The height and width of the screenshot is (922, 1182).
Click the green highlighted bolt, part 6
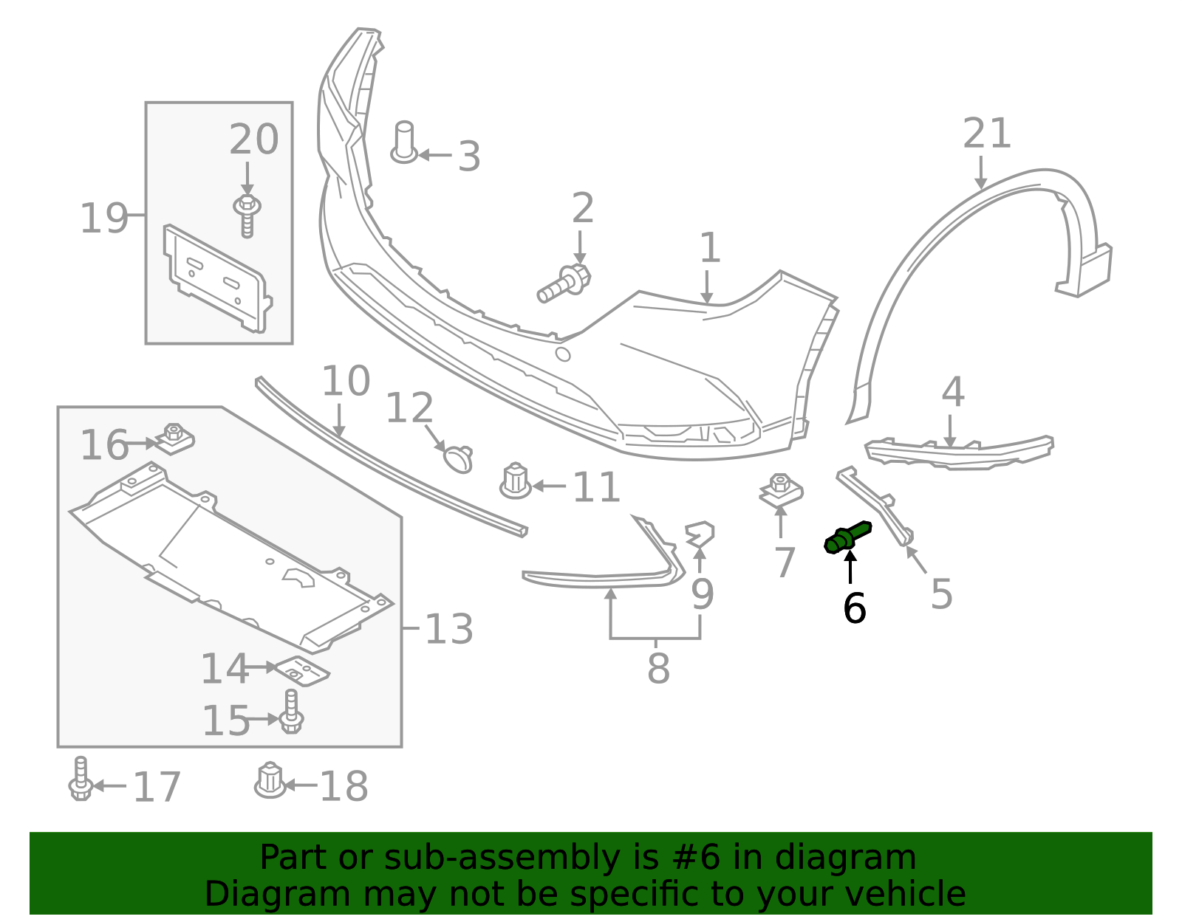click(x=848, y=537)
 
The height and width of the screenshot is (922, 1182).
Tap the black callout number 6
click(x=854, y=609)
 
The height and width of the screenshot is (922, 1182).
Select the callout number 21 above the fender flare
click(x=987, y=134)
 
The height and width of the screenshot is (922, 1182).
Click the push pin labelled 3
click(x=403, y=143)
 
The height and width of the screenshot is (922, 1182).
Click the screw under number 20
click(x=247, y=215)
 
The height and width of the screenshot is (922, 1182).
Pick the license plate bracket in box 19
click(x=217, y=277)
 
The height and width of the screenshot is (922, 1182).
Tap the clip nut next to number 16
click(x=174, y=439)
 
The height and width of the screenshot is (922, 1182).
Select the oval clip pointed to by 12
click(x=458, y=458)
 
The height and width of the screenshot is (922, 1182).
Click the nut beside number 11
click(x=516, y=481)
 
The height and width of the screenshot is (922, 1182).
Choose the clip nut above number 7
click(x=781, y=491)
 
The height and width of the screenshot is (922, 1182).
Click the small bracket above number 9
click(x=700, y=534)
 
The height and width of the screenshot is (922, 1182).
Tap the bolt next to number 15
click(x=291, y=712)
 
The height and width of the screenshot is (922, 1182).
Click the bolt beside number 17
click(x=81, y=780)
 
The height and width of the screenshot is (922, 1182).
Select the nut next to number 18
click(x=270, y=780)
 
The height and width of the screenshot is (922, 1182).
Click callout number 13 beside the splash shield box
click(x=449, y=630)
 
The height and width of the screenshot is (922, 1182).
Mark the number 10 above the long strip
click(x=345, y=382)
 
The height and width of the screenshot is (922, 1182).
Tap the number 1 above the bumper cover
click(x=709, y=248)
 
